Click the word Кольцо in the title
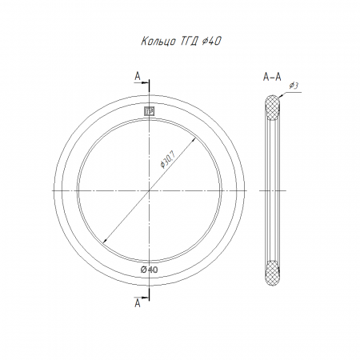(x=158, y=42)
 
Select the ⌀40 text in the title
(x=211, y=41)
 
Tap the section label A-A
(x=272, y=77)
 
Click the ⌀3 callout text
(x=294, y=86)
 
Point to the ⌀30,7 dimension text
(x=167, y=159)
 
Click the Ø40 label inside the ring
(x=150, y=270)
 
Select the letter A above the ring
(x=138, y=76)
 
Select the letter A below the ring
(x=138, y=303)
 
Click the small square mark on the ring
(x=150, y=111)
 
